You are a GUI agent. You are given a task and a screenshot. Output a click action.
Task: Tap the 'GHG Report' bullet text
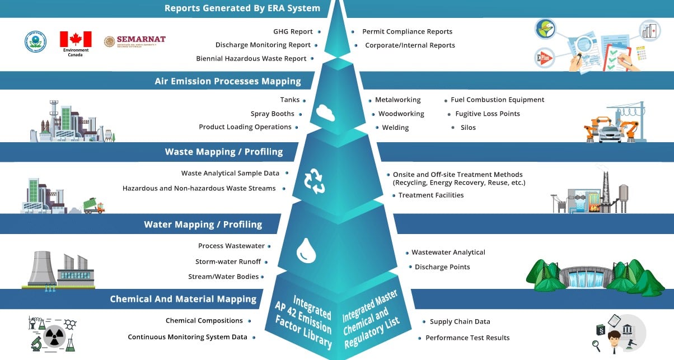tap(293, 32)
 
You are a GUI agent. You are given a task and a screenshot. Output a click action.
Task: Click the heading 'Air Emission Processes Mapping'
tap(228, 81)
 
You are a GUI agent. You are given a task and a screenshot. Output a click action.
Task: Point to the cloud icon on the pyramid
tap(325, 112)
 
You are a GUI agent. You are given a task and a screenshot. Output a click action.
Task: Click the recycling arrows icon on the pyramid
tap(314, 181)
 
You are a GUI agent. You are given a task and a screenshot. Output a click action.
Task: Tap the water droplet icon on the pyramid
tap(306, 250)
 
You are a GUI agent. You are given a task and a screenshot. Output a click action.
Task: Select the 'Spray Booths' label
tap(272, 114)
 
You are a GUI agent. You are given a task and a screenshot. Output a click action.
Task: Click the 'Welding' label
tap(395, 128)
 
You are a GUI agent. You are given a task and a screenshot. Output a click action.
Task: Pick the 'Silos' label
tap(468, 128)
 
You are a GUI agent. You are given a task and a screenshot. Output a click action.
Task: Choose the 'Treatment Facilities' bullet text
tap(430, 195)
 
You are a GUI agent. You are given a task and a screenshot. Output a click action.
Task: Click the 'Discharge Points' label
tap(442, 267)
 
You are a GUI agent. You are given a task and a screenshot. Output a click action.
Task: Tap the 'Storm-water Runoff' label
tap(228, 261)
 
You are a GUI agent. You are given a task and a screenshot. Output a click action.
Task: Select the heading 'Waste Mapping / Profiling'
tap(224, 152)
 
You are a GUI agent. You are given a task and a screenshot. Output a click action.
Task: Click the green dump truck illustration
tap(93, 206)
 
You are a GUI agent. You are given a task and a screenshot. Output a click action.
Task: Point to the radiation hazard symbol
tap(53, 338)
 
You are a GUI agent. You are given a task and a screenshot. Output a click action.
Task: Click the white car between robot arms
tap(611, 133)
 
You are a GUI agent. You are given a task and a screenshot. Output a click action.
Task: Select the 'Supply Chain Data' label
tap(460, 321)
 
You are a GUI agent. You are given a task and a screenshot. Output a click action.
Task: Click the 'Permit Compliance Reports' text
tap(407, 32)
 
